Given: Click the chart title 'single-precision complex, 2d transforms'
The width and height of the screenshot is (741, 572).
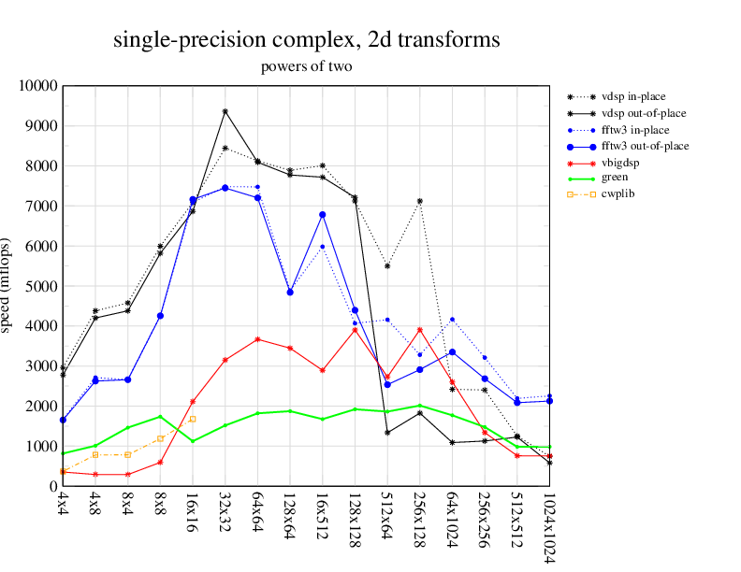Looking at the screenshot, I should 306,40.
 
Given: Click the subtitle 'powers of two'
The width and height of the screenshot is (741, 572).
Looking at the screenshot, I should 306,66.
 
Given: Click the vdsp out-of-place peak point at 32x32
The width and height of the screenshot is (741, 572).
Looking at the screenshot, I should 225,111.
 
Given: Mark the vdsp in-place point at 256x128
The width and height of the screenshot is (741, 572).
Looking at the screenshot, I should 420,201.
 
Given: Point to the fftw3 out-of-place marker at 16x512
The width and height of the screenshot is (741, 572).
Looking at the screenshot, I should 322,215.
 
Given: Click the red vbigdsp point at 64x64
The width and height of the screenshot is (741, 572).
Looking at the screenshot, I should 257,339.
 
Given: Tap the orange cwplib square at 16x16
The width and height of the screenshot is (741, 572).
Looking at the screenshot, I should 193,419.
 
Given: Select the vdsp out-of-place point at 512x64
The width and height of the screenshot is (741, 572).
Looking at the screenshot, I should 387,432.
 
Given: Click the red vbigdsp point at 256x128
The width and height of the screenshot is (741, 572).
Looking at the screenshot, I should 420,330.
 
